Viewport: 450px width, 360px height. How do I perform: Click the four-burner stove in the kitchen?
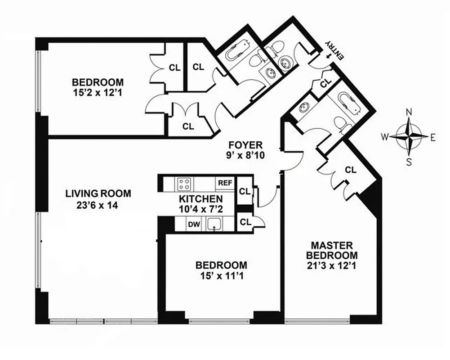(x=184, y=184)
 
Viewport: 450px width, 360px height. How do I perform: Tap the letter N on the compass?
(x=409, y=112)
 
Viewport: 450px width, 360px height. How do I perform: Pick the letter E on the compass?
(x=432, y=138)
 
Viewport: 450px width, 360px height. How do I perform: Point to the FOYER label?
(x=245, y=145)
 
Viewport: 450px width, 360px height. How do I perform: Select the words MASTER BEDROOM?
(x=332, y=250)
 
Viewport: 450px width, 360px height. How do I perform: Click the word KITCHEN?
(x=200, y=199)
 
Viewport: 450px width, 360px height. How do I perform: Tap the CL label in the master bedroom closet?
(x=351, y=170)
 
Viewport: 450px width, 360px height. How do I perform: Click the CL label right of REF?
(x=245, y=191)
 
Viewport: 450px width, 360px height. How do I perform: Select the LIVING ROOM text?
(x=98, y=194)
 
